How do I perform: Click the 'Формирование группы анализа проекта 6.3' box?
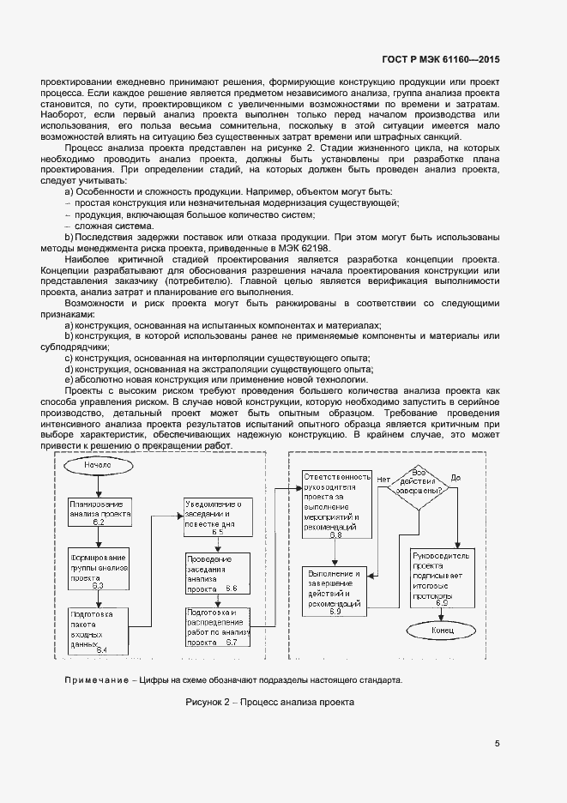100,568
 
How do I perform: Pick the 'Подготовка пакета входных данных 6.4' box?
100,630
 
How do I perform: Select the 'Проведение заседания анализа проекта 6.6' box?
218,574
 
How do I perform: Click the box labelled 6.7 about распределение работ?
218,626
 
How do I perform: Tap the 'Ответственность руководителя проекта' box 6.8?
336,505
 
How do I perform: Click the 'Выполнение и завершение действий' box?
335,591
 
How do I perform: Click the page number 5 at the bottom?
497,743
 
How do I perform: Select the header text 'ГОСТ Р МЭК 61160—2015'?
440,60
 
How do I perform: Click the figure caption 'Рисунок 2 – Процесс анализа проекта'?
269,702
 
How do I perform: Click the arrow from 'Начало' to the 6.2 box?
100,487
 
